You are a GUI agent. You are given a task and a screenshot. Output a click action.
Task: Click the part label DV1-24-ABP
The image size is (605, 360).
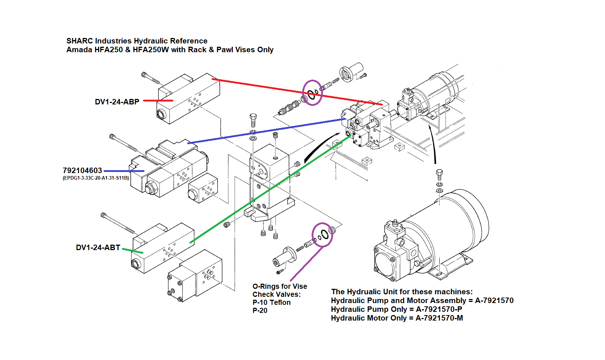[117, 102]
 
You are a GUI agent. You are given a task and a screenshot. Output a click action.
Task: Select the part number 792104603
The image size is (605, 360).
[82, 171]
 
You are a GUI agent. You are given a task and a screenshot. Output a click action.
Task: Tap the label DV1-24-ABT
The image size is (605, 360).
[98, 248]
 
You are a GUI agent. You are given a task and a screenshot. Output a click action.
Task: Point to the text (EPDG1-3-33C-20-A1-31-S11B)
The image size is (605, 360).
[96, 178]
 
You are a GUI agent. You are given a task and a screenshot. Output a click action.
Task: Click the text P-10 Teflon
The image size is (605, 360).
[271, 302]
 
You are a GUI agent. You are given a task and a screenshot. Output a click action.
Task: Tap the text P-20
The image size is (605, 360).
[260, 310]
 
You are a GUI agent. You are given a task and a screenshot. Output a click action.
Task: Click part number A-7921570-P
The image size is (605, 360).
[439, 309]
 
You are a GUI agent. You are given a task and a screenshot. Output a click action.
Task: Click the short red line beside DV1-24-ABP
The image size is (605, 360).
[158, 100]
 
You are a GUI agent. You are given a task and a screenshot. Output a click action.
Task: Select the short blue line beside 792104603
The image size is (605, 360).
[124, 171]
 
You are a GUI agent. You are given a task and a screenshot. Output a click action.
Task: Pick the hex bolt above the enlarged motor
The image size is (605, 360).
[439, 173]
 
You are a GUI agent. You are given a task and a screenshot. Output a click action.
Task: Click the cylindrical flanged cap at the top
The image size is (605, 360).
[351, 72]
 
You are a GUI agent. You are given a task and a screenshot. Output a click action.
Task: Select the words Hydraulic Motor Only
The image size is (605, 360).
[369, 318]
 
